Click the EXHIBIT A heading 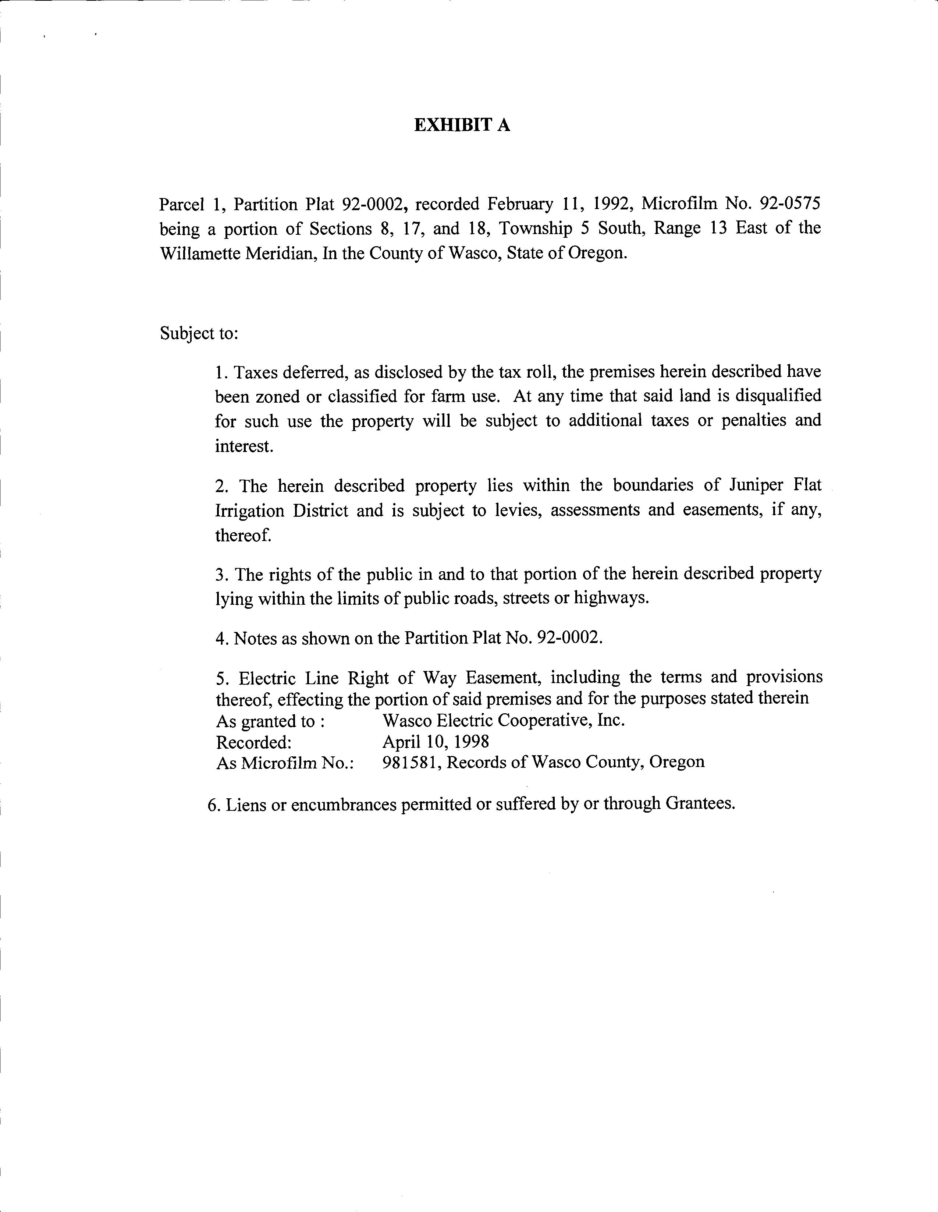pos(462,126)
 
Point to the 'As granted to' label pos(270,721)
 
